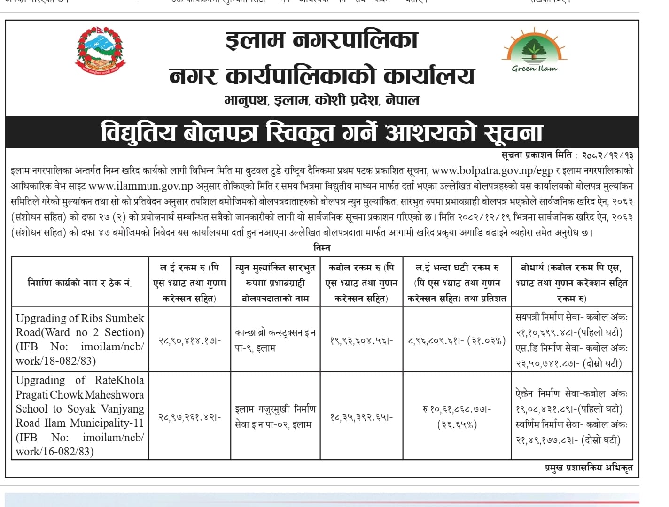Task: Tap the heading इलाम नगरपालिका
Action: [x=321, y=40]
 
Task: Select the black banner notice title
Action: [x=322, y=132]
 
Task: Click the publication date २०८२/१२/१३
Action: [x=607, y=155]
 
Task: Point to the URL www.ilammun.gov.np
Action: [x=141, y=186]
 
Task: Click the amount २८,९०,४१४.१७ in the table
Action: [x=189, y=340]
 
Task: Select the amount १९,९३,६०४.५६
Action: [x=361, y=340]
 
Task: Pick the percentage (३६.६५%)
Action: [x=457, y=424]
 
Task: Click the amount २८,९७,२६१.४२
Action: [x=189, y=416]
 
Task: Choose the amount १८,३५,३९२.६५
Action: [x=361, y=416]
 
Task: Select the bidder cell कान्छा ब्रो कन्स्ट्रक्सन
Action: [x=275, y=340]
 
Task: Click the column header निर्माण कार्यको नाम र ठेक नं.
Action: [x=79, y=283]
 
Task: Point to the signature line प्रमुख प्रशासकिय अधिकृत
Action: [x=589, y=467]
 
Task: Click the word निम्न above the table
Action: [x=322, y=247]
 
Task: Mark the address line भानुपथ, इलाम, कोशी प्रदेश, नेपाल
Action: [x=322, y=100]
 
